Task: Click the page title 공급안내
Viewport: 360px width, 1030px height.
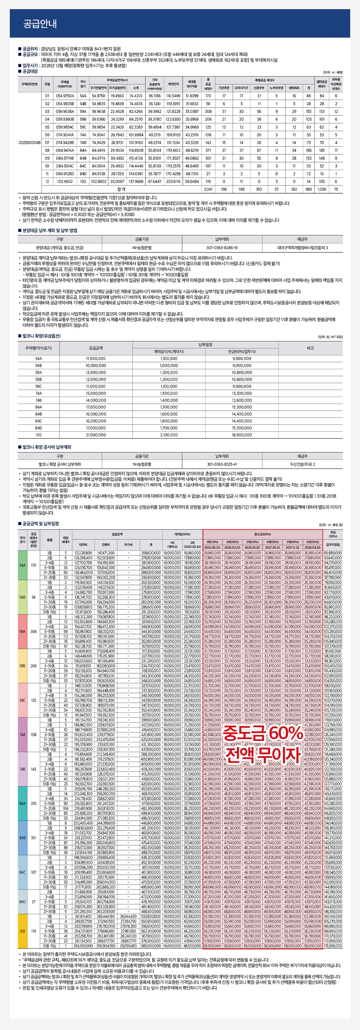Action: [40, 24]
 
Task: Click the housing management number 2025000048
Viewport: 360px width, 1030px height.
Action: [29, 142]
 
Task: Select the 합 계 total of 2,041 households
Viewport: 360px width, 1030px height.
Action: [208, 189]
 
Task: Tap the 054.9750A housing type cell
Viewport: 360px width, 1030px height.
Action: [65, 96]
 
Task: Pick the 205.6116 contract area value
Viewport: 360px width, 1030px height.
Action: [173, 181]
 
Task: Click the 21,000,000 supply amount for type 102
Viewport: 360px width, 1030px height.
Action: [96, 435]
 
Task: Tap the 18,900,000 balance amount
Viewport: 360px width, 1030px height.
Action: [242, 435]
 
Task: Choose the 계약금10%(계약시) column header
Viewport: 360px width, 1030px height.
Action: [169, 352]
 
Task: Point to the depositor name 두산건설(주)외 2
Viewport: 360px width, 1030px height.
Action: [302, 464]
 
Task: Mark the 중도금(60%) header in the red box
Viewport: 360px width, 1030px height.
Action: [262, 534]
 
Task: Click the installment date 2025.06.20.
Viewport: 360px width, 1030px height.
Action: [213, 547]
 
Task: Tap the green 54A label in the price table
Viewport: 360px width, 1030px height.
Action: [22, 565]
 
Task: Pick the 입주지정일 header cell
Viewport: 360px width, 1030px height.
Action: [333, 544]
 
